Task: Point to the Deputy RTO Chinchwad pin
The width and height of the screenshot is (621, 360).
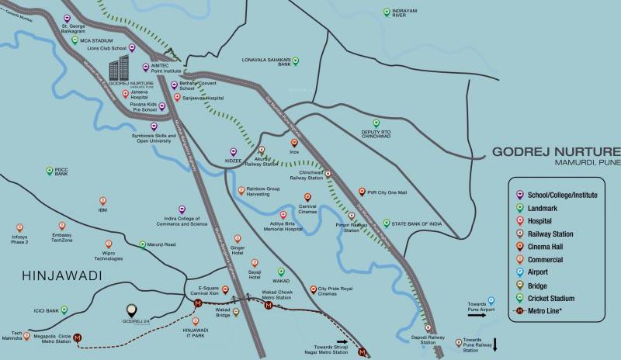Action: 376,123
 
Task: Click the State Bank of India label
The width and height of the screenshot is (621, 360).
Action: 417,223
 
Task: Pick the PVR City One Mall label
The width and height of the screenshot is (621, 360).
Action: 383,192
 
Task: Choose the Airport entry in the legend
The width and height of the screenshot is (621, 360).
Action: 538,272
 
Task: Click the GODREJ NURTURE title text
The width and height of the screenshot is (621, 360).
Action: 556,151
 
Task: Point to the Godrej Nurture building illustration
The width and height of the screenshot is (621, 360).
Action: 119,67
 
